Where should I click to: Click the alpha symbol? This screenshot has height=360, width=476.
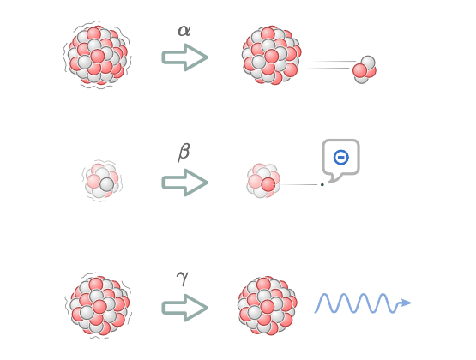184,31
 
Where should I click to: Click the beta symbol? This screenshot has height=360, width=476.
184,152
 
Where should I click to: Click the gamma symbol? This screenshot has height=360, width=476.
183,278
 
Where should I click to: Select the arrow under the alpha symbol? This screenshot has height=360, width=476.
185,57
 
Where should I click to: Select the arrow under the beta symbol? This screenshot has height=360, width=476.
185,183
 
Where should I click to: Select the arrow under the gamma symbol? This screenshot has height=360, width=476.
185,308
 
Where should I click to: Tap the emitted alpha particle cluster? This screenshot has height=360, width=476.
365,69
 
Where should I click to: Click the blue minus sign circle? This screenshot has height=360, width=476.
340,157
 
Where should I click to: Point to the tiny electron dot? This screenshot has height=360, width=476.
322,184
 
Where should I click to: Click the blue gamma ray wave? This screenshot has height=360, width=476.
363,303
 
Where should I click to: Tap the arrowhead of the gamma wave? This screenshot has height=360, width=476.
406,303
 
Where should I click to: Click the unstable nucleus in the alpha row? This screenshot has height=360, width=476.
97,55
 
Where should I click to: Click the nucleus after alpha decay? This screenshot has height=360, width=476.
272,55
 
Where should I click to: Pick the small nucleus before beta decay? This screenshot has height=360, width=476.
102,181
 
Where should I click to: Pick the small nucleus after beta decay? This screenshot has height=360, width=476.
263,181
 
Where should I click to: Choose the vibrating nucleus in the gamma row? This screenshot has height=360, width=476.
99,306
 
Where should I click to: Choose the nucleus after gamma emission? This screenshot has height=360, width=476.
268,306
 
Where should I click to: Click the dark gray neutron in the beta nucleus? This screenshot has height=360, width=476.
107,184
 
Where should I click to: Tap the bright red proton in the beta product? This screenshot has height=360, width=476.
268,184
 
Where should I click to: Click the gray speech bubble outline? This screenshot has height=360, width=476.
340,140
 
